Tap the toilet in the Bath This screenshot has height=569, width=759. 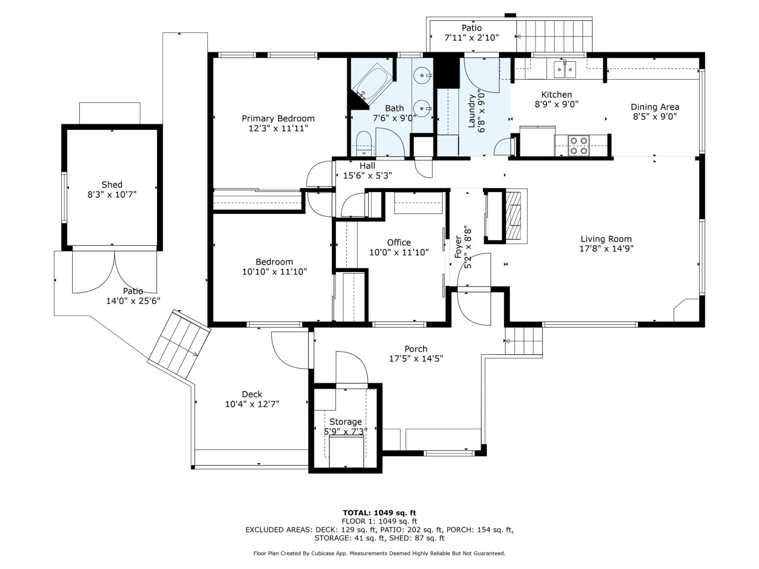point(363,144)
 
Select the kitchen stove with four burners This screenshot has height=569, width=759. point(579,146)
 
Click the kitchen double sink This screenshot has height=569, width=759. point(564,70)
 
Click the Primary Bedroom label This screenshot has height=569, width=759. point(278,119)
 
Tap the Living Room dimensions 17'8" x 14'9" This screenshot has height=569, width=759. point(606,248)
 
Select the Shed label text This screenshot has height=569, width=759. point(112,184)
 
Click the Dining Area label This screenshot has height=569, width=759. point(655,107)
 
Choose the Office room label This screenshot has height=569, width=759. point(399,242)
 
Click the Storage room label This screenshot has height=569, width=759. point(345,422)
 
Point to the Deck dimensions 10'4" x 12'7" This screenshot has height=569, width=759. point(252,404)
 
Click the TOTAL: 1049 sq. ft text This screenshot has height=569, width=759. point(379,513)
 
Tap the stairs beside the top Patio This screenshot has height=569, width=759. point(554,36)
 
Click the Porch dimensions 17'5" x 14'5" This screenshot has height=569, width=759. point(416,359)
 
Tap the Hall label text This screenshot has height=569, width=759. point(367,165)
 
